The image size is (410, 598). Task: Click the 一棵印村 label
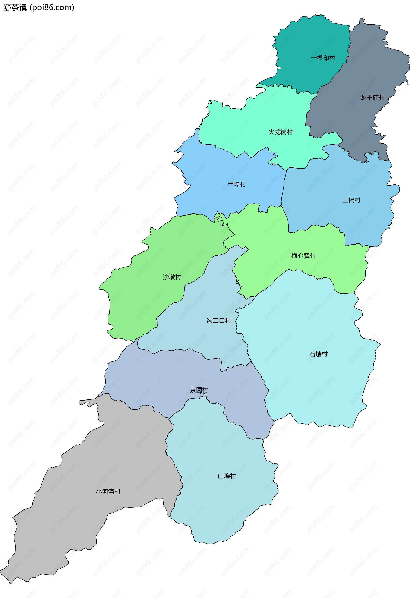[x=323, y=58]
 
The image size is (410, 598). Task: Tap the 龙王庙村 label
[x=372, y=98]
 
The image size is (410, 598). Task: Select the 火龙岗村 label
[x=281, y=132]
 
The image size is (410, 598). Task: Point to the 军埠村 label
[x=236, y=184]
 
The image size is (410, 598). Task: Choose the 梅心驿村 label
[x=303, y=255]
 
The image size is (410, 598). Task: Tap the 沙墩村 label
[x=172, y=277]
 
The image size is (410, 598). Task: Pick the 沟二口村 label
[x=218, y=321]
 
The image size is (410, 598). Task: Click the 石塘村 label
[x=318, y=354]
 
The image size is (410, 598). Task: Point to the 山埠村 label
[x=227, y=476]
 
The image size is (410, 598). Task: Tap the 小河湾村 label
[x=108, y=491]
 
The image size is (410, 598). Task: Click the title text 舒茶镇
[x=15, y=7]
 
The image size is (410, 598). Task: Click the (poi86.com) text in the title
[x=52, y=7]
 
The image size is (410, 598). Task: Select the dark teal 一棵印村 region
[x=309, y=39]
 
